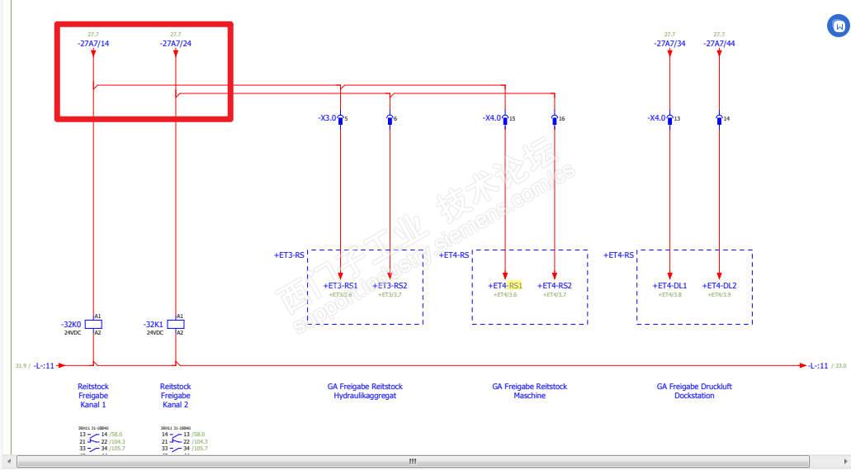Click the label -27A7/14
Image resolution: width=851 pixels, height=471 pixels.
(92, 43)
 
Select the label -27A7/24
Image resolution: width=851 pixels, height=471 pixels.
(175, 43)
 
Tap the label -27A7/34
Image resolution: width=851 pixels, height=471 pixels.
(669, 43)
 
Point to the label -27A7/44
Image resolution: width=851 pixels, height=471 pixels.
(719, 43)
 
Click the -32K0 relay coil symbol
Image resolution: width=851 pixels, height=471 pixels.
(93, 324)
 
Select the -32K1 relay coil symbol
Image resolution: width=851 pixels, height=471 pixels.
(176, 324)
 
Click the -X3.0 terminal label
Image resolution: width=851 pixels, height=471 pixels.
(328, 118)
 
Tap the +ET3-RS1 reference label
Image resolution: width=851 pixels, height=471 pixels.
(340, 286)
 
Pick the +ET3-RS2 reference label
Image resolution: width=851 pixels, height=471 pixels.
(390, 286)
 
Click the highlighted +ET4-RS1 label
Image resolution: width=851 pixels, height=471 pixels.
(505, 286)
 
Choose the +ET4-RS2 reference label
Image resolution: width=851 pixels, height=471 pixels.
(555, 286)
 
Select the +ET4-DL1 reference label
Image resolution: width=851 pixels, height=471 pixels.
(669, 286)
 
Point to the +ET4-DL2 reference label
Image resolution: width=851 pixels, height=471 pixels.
(719, 286)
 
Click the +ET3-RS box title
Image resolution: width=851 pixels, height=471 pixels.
(289, 255)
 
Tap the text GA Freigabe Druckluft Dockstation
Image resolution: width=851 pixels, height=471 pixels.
(694, 391)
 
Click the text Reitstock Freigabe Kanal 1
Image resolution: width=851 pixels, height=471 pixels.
(92, 395)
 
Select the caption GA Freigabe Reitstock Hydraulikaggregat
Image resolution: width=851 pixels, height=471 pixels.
(365, 391)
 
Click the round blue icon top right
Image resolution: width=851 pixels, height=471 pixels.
(839, 26)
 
